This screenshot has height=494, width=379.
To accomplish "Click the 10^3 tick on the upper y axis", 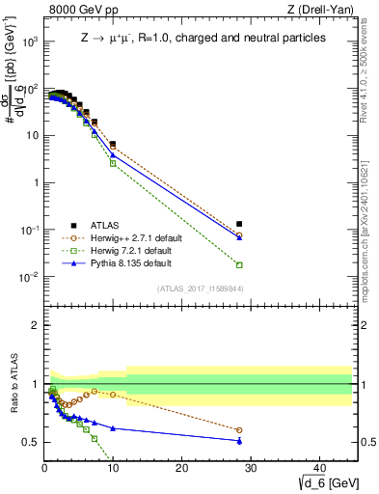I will tap(29, 41).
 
